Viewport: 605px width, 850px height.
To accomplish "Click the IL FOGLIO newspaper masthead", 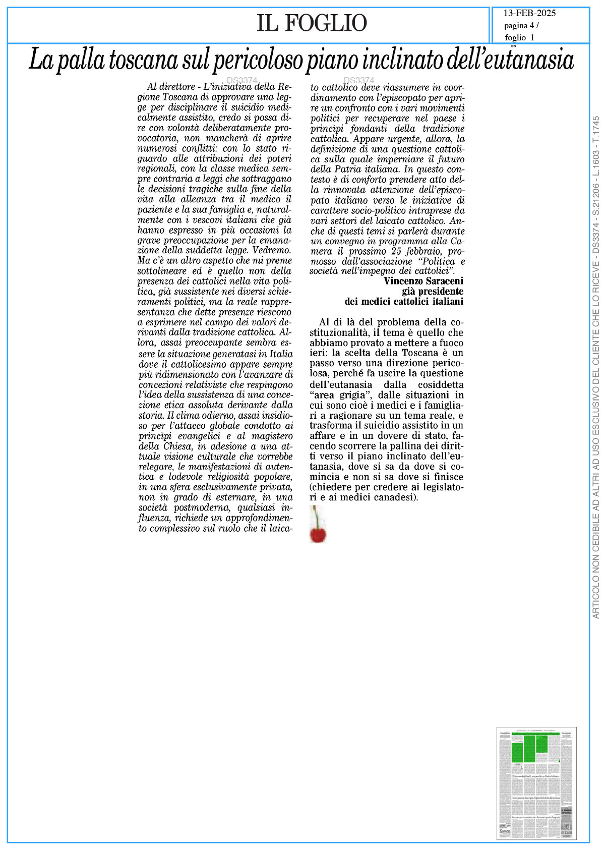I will coord(312,23).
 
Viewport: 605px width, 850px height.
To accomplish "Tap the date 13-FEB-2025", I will coord(529,14).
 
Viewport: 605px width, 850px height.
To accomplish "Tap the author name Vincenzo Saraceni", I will coord(423,281).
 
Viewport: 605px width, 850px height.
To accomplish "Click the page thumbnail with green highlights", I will coord(536,783).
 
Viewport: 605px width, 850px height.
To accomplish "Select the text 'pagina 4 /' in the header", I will coord(521,26).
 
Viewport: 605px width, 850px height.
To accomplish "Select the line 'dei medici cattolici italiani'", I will coord(404,302).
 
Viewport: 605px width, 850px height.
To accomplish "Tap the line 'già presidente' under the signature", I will coord(433,291).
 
